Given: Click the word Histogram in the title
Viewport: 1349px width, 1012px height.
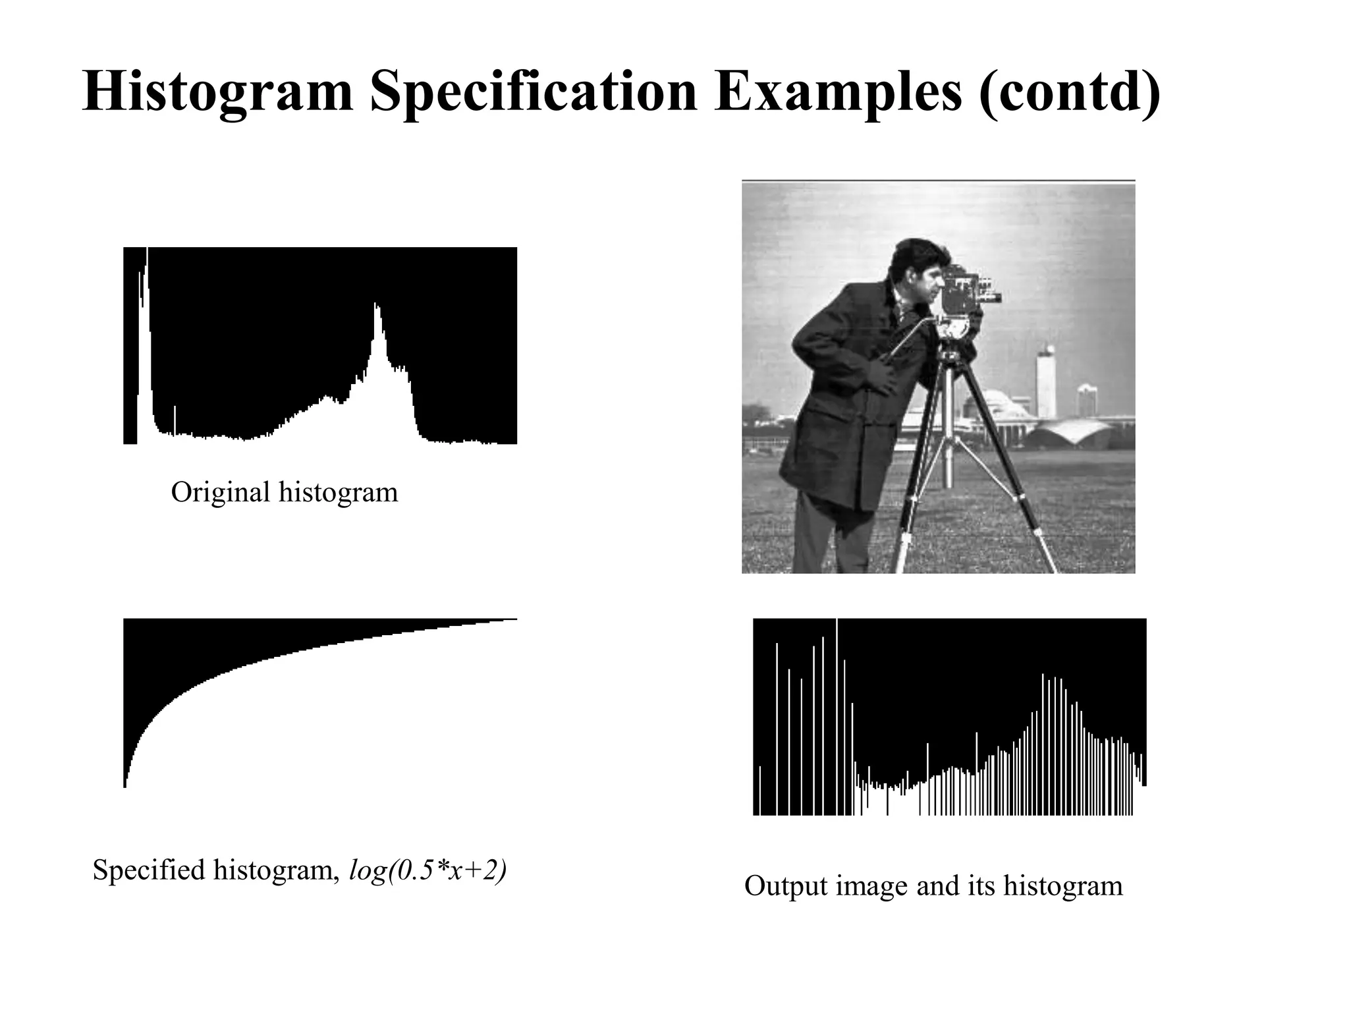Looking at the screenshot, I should coord(218,92).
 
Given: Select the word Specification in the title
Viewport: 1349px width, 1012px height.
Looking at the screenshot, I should coord(533,92).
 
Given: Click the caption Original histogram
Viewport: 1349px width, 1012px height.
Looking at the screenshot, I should coord(284,492).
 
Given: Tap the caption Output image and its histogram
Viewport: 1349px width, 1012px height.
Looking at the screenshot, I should coord(933,885).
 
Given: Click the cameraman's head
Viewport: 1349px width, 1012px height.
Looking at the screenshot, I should coord(916,270).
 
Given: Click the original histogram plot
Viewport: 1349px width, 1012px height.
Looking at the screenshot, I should coord(320,345).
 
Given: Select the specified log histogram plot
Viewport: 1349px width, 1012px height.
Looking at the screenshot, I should coord(320,702).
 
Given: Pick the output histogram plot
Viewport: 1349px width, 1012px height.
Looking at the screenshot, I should coord(949,717).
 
